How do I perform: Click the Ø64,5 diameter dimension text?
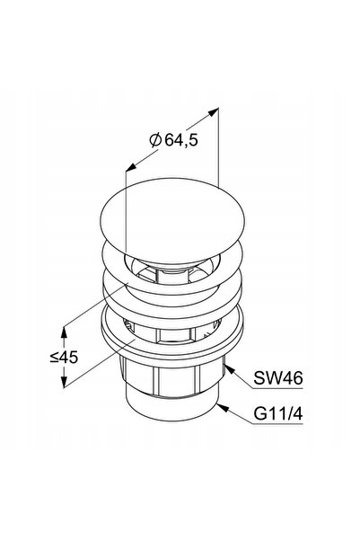174,140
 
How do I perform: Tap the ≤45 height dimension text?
64,357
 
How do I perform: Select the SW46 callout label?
278,378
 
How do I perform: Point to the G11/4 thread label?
278,413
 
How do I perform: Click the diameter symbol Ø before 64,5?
155,140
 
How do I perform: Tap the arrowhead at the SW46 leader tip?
230,370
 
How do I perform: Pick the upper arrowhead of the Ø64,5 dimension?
214,111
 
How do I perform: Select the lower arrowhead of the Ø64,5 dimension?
131,167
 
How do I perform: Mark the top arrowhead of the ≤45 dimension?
64,332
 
